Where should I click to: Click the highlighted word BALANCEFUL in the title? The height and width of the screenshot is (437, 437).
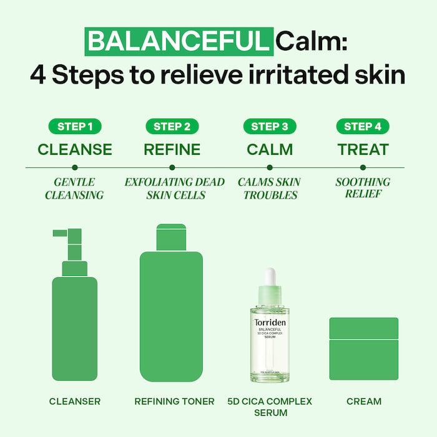179,41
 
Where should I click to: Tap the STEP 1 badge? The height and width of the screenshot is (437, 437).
74,127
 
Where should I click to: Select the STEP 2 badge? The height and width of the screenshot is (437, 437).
172,127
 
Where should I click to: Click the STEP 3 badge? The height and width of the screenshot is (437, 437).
269,127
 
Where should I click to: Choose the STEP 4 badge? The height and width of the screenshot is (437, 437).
363,127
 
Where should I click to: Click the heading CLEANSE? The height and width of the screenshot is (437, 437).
74,150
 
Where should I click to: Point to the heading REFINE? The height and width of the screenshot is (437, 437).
172,150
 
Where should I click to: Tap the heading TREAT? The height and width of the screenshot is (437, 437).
363,150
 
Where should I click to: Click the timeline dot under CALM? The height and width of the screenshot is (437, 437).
269,167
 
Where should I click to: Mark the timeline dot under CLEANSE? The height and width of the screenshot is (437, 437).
74,167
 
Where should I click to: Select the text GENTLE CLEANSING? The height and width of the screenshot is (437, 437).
74,188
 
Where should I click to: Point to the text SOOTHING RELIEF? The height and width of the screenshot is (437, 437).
363,188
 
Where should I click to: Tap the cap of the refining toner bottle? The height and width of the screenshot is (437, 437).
172,237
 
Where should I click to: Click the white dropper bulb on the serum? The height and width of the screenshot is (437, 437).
270,277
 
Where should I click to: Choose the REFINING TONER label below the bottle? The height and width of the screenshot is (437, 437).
174,401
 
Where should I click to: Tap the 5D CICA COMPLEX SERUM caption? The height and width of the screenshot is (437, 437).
270,406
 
